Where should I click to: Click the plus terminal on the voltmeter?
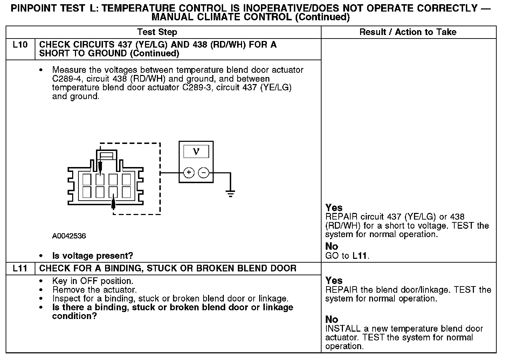click(189, 173)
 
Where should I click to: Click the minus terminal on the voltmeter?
click(204, 173)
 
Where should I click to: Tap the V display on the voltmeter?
click(196, 151)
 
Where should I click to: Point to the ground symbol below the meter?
click(230, 194)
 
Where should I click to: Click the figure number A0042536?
click(69, 236)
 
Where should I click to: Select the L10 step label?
click(20, 45)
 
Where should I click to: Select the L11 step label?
click(20, 269)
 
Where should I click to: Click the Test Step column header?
click(157, 32)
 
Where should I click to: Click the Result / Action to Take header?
click(408, 32)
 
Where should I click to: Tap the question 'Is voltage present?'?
click(92, 256)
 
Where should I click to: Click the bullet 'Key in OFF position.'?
click(92, 281)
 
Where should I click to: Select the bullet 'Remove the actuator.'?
click(94, 290)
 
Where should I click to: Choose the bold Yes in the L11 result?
click(334, 281)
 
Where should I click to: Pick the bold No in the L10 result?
click(332, 247)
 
